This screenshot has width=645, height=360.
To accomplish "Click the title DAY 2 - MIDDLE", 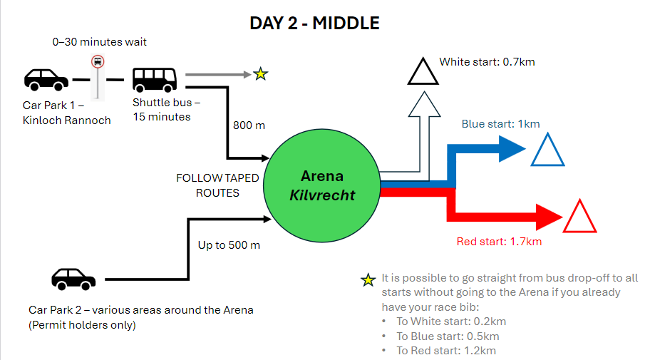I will (x=314, y=23).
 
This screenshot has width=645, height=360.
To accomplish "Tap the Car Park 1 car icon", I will (x=46, y=78).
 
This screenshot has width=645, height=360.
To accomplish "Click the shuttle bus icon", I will (x=155, y=78).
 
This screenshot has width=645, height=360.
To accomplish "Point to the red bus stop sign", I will (x=97, y=62).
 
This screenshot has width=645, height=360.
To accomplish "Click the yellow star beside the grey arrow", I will (x=261, y=73).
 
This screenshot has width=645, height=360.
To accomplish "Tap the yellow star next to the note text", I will (x=368, y=279).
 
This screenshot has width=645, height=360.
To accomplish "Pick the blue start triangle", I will (x=547, y=150).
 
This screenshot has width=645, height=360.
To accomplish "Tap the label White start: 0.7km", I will (x=487, y=62).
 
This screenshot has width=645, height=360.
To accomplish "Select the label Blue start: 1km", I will (x=500, y=123).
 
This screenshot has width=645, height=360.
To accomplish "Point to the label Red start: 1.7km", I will (x=499, y=242).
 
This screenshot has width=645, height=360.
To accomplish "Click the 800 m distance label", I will (x=249, y=125).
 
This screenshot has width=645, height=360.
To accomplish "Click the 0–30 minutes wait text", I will (x=100, y=42).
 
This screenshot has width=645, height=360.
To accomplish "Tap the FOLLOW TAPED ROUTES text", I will (x=217, y=185).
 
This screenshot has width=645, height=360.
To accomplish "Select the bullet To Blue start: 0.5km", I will (x=448, y=336).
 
